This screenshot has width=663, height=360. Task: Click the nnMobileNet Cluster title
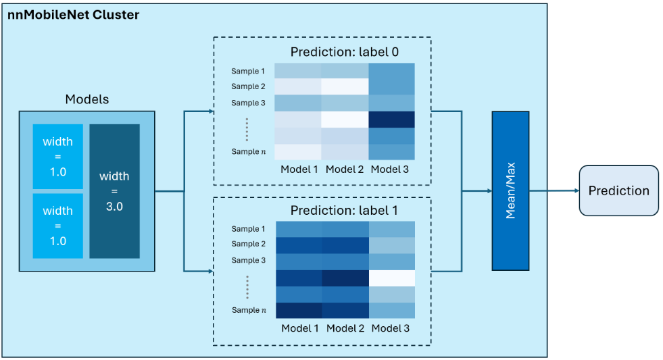(x=73, y=15)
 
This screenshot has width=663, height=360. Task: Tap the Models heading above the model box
(x=87, y=99)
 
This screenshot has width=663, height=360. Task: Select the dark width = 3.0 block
(x=115, y=191)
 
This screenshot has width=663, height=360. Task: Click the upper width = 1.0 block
(x=58, y=156)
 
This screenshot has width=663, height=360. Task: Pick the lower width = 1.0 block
(x=58, y=226)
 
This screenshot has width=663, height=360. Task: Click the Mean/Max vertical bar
(x=510, y=191)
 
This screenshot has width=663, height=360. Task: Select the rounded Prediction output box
(x=618, y=190)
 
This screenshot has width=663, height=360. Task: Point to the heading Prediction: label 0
(x=344, y=52)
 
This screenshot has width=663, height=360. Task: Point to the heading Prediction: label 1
(x=344, y=211)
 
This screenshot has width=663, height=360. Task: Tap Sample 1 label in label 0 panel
(x=248, y=71)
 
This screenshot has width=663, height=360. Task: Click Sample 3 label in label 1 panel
(x=248, y=260)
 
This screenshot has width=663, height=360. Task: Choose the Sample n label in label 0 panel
(x=249, y=151)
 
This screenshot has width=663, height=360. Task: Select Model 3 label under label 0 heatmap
(x=389, y=170)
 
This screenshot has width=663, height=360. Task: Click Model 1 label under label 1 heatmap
(x=300, y=328)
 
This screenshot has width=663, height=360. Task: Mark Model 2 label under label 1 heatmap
(x=345, y=328)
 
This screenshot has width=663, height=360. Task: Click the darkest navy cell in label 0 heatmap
(x=391, y=120)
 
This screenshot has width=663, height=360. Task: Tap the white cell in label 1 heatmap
(x=392, y=278)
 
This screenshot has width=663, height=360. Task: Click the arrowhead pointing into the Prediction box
(x=576, y=190)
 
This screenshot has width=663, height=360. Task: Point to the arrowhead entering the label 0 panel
(x=211, y=111)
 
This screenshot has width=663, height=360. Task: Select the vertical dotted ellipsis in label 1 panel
(x=247, y=287)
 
